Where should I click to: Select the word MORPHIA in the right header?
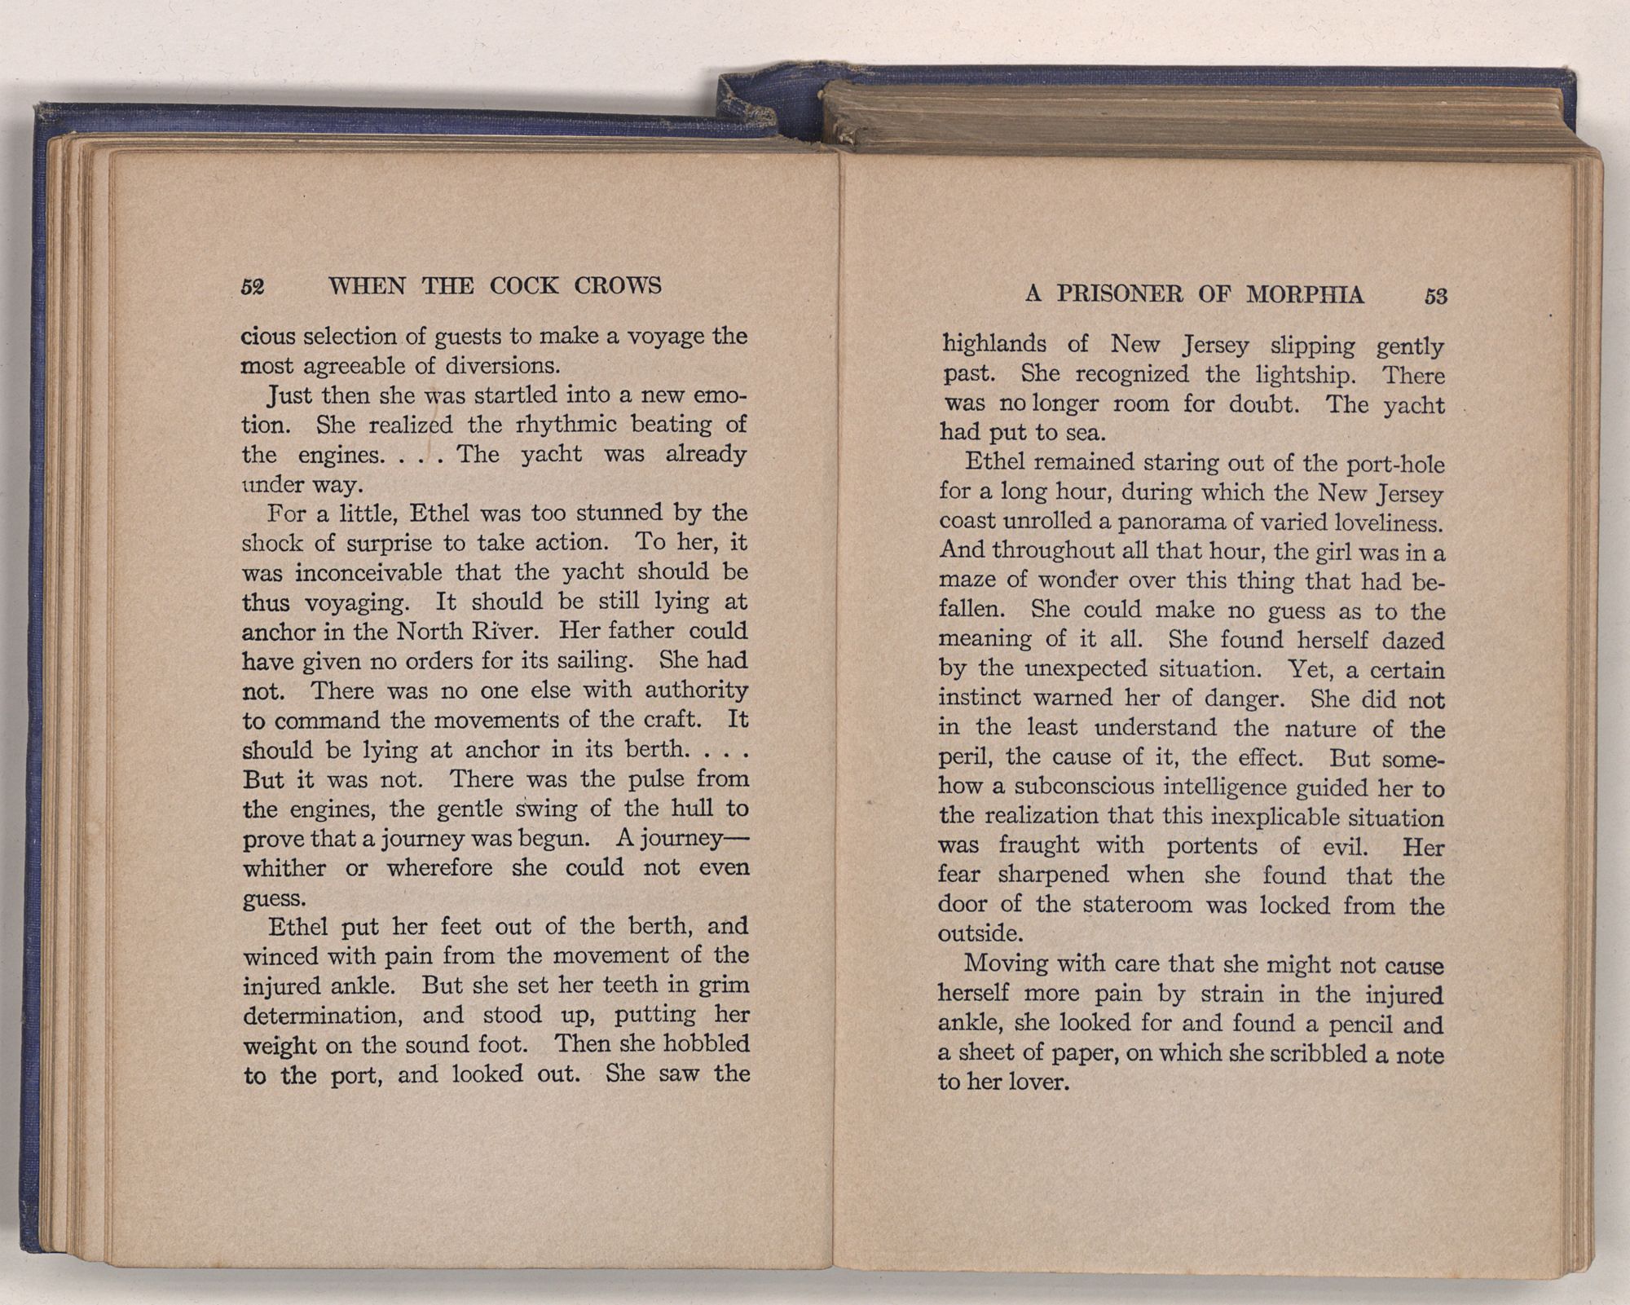pyautogui.click(x=1306, y=295)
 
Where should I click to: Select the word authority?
pyautogui.click(x=696, y=690)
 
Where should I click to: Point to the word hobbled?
pyautogui.click(x=707, y=1044)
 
